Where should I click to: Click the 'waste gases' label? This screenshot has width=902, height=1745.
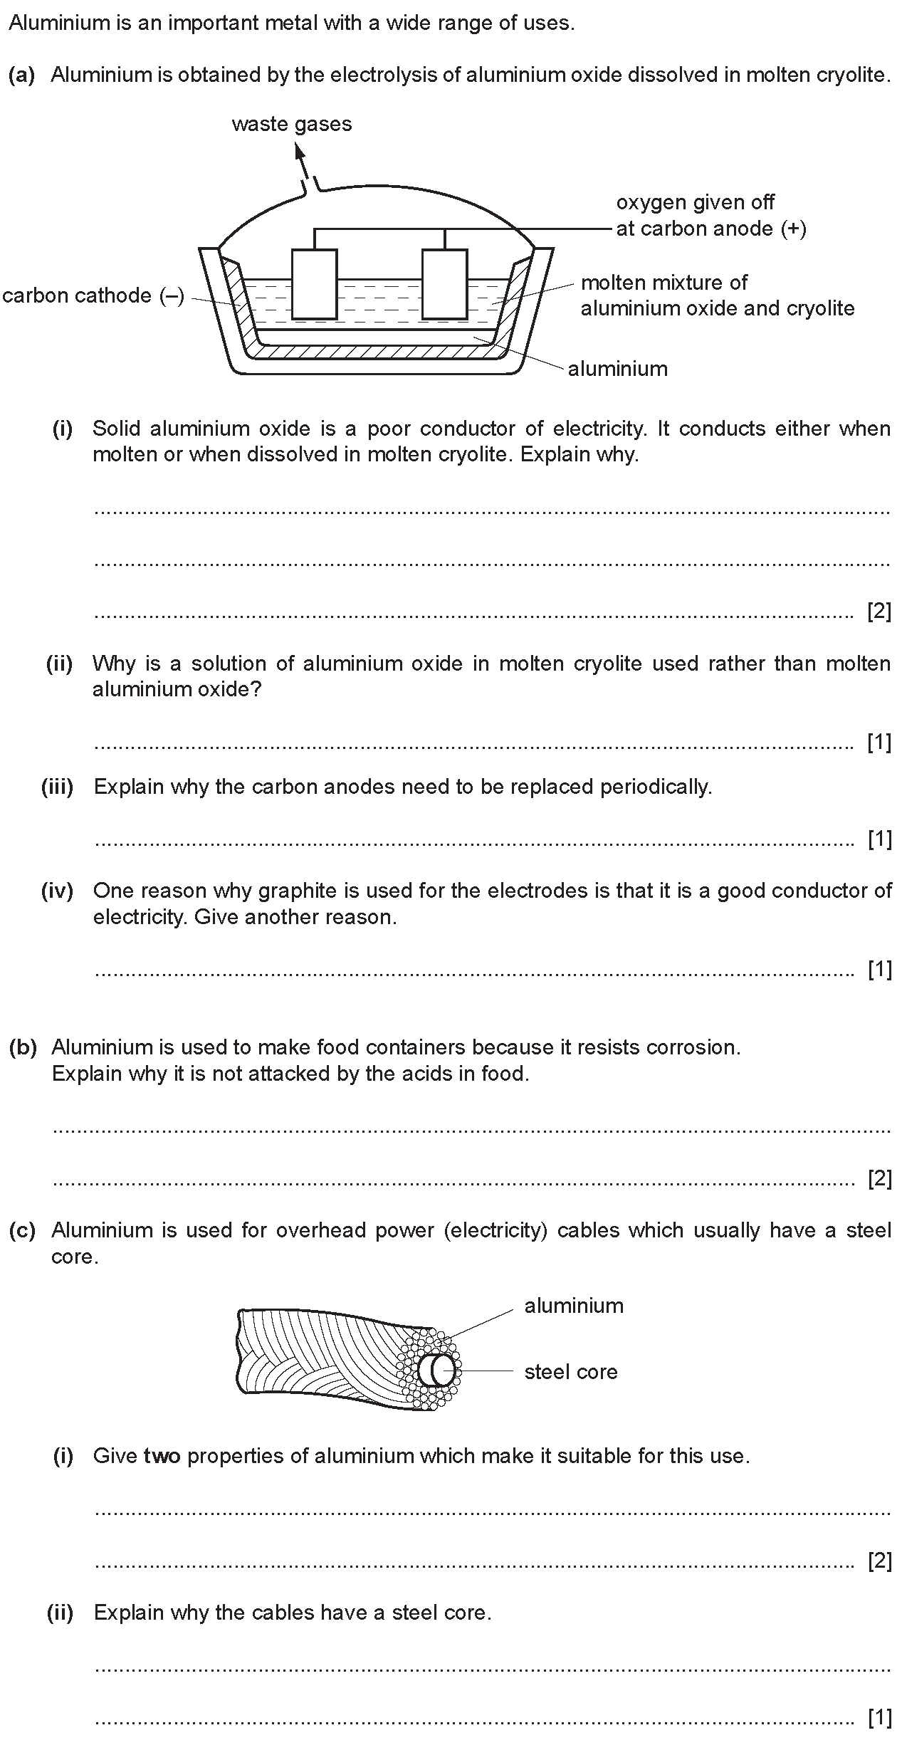point(292,124)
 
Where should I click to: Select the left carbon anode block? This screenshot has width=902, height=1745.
point(314,283)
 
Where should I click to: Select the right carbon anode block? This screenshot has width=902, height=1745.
point(445,283)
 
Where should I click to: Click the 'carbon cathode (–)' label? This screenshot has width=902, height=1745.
point(93,295)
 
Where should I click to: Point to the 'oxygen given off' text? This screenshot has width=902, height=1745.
point(695,202)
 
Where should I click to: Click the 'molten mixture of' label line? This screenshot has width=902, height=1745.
point(664,283)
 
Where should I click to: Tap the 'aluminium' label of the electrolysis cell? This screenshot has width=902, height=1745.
point(617,369)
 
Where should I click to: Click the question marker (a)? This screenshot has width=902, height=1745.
point(21,75)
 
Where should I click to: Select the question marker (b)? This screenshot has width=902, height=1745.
point(23,1047)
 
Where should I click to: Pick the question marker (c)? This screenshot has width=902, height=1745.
point(22,1230)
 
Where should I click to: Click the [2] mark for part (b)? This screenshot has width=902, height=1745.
point(879,1179)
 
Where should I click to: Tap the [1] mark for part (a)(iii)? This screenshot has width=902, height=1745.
point(879,839)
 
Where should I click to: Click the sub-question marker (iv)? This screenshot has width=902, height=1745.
point(57,891)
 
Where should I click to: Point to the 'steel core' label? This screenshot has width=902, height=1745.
point(571,1372)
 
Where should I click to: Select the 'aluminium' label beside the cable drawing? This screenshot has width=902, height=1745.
point(574,1306)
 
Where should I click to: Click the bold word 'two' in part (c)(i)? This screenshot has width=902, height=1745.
point(162,1455)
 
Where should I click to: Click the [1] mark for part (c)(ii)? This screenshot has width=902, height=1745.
point(879,1718)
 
